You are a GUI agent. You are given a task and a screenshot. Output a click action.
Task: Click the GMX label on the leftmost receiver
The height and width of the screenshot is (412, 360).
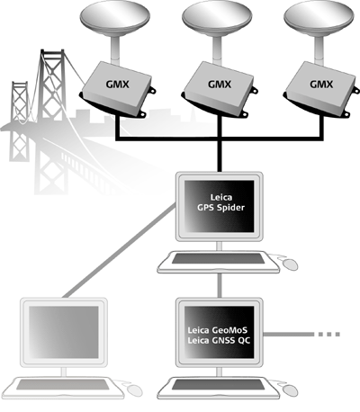tap(117, 85)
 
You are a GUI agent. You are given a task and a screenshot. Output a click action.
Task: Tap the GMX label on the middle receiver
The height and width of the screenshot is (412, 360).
tap(220, 85)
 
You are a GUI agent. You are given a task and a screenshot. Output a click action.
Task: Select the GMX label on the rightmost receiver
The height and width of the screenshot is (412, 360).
tap(321, 85)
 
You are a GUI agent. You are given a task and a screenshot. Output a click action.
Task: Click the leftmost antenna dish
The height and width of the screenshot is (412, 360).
tap(115, 18)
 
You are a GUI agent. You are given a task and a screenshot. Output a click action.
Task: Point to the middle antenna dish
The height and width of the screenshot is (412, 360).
tap(217, 18)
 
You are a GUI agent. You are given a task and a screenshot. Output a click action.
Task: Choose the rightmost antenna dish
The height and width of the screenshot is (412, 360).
tap(319, 18)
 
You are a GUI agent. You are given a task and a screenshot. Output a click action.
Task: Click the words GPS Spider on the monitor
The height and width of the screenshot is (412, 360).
tap(220, 208)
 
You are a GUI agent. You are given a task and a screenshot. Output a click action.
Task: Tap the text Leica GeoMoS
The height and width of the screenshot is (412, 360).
tap(218, 330)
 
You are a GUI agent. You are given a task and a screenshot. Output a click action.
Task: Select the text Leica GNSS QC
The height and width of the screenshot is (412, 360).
tap(219, 341)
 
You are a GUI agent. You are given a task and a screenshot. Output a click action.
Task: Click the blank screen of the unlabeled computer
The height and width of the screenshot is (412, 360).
tap(64, 332)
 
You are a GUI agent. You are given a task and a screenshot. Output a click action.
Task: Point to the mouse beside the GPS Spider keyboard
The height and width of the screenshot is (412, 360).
tap(290, 264)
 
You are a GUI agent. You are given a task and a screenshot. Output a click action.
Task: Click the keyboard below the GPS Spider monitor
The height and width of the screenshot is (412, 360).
tap(218, 262)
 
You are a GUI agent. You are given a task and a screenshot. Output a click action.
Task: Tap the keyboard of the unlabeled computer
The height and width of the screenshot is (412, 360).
tap(63, 388)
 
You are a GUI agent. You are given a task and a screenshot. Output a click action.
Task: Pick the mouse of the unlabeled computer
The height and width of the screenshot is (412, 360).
tap(134, 390)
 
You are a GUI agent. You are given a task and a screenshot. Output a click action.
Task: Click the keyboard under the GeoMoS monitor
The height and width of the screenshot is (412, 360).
tap(218, 388)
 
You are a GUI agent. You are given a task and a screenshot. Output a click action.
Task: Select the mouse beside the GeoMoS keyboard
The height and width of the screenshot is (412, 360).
tap(290, 390)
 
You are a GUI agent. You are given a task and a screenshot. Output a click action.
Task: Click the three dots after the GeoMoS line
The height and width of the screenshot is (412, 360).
tap(328, 334)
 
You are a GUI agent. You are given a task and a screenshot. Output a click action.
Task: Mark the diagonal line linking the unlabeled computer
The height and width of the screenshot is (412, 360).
tap(120, 251)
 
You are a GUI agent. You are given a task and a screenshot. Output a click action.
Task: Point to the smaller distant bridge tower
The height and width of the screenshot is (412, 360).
tap(20, 120)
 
